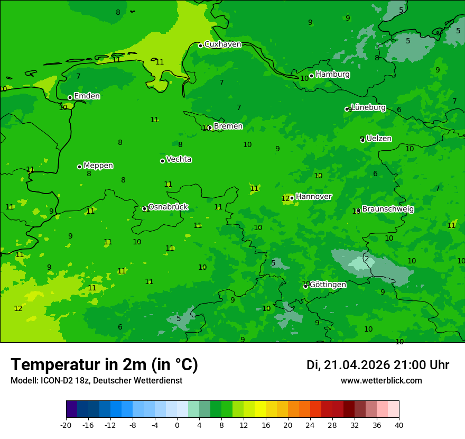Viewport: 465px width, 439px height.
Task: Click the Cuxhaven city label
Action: coord(222,44)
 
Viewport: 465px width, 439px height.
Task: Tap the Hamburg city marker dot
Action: coord(311,76)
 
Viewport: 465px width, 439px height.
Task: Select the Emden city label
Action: coord(87,96)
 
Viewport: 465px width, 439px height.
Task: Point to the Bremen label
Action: coord(228,126)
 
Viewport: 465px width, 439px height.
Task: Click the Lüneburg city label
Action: coord(368,107)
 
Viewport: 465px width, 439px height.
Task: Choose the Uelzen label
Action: coord(379,139)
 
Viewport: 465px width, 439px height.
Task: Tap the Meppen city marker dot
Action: coord(79,167)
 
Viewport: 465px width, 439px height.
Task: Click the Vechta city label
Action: coord(179,159)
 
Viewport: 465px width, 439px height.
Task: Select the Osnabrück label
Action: coord(168,207)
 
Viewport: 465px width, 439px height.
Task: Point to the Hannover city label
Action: coord(313,197)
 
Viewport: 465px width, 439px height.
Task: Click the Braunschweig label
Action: coord(388,209)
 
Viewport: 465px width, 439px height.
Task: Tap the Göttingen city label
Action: coord(328,285)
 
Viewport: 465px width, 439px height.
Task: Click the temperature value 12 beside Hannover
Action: coord(286,198)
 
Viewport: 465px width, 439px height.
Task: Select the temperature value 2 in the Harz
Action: coord(367,259)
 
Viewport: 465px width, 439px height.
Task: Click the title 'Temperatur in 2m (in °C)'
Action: coord(104,365)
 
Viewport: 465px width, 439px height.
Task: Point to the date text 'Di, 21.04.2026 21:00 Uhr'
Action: coord(377,365)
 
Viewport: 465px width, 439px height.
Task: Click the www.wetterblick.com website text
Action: coord(381,381)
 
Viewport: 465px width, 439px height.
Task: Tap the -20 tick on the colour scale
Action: coord(66,425)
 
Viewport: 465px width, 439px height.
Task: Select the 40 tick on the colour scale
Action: coord(399,425)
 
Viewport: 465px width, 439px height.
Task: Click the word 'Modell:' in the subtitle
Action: coord(23,381)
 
